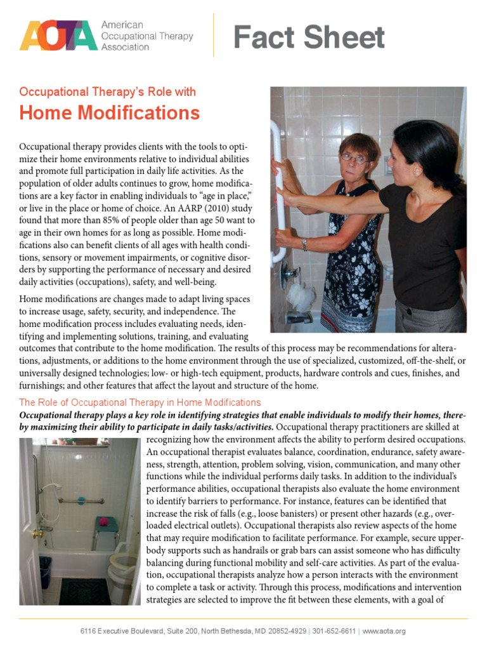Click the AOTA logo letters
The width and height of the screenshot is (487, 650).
point(58,36)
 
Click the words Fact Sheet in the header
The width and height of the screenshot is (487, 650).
point(309,38)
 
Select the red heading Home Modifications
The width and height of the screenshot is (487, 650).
point(109,113)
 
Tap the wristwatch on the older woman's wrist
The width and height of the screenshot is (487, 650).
point(305,244)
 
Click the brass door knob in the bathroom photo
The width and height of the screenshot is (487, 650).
point(37,534)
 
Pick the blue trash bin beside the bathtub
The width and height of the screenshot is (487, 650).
point(45,571)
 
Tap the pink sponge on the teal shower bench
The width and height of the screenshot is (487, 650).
point(101,522)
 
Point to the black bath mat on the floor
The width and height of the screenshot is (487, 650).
point(84,592)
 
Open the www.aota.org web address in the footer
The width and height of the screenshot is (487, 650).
point(384,631)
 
